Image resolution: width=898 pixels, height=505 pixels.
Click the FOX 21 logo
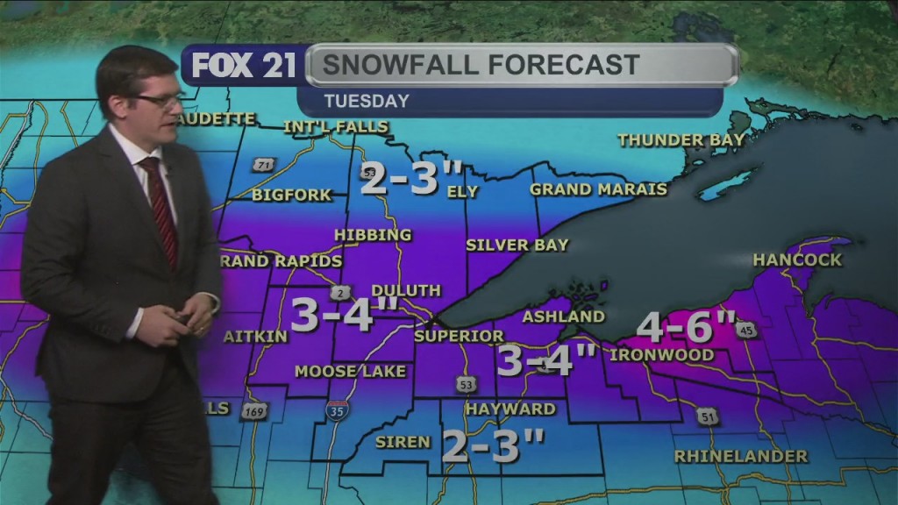coord(238,66)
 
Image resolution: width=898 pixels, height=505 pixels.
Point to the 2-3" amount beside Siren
coord(491,446)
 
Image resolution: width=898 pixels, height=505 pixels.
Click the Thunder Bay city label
coord(681,139)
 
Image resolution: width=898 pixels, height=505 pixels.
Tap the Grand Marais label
coord(598,189)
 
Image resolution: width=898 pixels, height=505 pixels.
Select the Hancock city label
coord(797,260)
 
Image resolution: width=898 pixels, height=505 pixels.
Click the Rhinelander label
coord(740,456)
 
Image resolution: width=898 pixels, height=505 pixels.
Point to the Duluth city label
coord(406,290)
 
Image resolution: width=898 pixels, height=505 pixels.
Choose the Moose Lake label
coord(350,372)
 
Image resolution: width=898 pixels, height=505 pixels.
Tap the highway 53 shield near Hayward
coord(465,383)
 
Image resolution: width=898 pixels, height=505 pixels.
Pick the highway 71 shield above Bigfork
coord(261,165)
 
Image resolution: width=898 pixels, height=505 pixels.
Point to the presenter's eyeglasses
coord(158,101)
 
